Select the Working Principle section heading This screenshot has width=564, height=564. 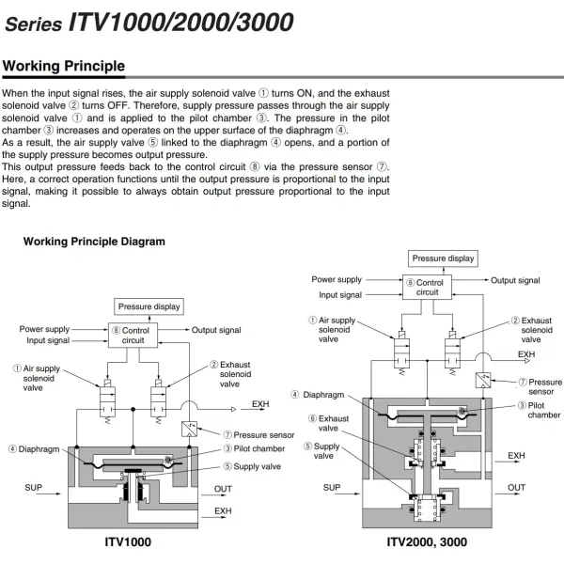point(64,67)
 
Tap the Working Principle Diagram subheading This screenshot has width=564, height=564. point(94,242)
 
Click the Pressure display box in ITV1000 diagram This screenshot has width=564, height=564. point(149,306)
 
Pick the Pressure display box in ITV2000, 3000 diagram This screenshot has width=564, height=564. point(444,258)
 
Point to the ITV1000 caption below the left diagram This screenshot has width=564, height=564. point(126,542)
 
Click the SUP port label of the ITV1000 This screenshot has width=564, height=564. point(33,488)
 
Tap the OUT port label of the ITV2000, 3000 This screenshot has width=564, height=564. point(516,488)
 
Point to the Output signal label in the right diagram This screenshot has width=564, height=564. point(515,280)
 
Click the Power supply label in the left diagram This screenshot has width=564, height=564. point(44,329)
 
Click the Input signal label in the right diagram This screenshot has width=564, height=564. point(340,294)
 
